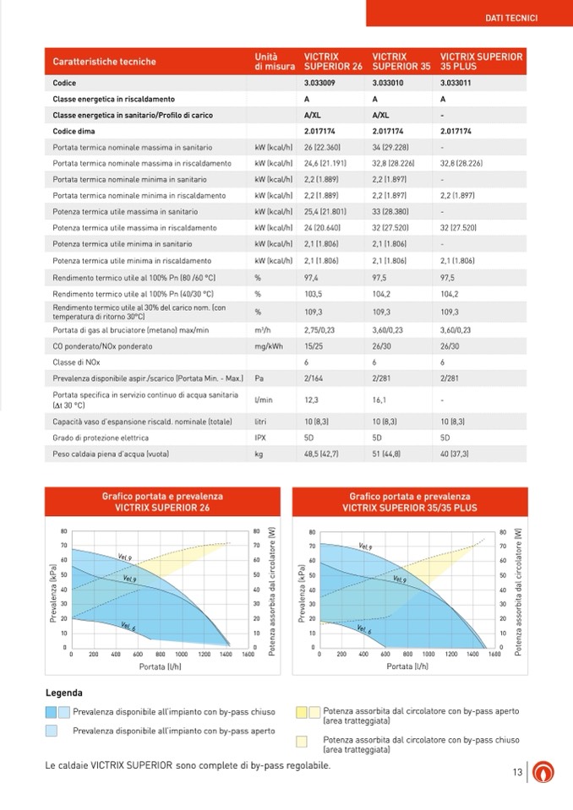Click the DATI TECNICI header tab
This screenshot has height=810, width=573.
tap(512, 17)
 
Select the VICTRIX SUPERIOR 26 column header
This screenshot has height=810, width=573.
tap(333, 61)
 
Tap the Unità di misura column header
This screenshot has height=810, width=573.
tap(275, 61)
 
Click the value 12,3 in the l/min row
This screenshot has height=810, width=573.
tap(311, 400)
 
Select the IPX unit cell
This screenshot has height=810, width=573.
tap(261, 438)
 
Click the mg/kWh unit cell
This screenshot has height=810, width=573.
tap(267, 345)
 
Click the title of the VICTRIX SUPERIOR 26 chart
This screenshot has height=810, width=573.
tap(162, 503)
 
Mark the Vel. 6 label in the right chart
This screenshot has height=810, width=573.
tap(365, 630)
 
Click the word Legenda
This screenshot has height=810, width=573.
tap(63, 693)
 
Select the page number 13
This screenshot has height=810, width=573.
tap(517, 772)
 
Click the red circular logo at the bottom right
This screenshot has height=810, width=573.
tap(541, 772)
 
